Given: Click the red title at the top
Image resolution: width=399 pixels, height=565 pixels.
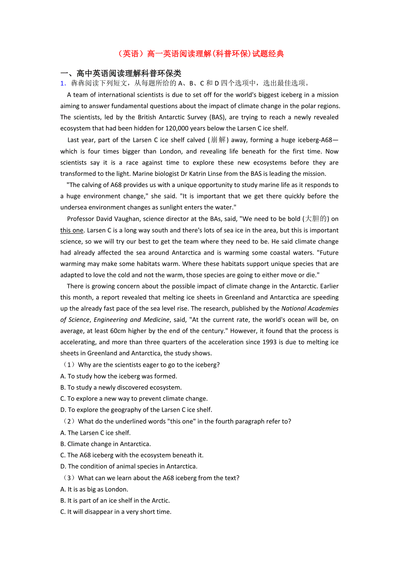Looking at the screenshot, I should pyautogui.click(x=200, y=54).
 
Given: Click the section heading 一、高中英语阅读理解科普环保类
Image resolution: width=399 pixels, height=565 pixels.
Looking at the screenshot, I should pyautogui.click(x=121, y=73).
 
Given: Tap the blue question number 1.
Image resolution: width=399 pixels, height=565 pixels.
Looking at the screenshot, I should pyautogui.click(x=63, y=83).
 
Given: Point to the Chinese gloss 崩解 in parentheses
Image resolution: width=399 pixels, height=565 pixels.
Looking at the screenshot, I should pyautogui.click(x=218, y=140).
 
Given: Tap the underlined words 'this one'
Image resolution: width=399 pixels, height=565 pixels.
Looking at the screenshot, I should pyautogui.click(x=72, y=230).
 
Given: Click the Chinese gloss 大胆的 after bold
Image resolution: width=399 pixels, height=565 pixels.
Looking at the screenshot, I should pyautogui.click(x=316, y=219).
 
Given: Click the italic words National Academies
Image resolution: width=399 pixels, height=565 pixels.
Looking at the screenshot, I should pyautogui.click(x=310, y=309).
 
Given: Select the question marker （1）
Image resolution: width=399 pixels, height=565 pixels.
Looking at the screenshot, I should pyautogui.click(x=69, y=365).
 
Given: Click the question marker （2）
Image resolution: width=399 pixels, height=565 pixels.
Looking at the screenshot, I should pyautogui.click(x=69, y=421).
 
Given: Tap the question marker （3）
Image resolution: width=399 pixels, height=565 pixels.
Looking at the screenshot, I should pyautogui.click(x=69, y=478).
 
